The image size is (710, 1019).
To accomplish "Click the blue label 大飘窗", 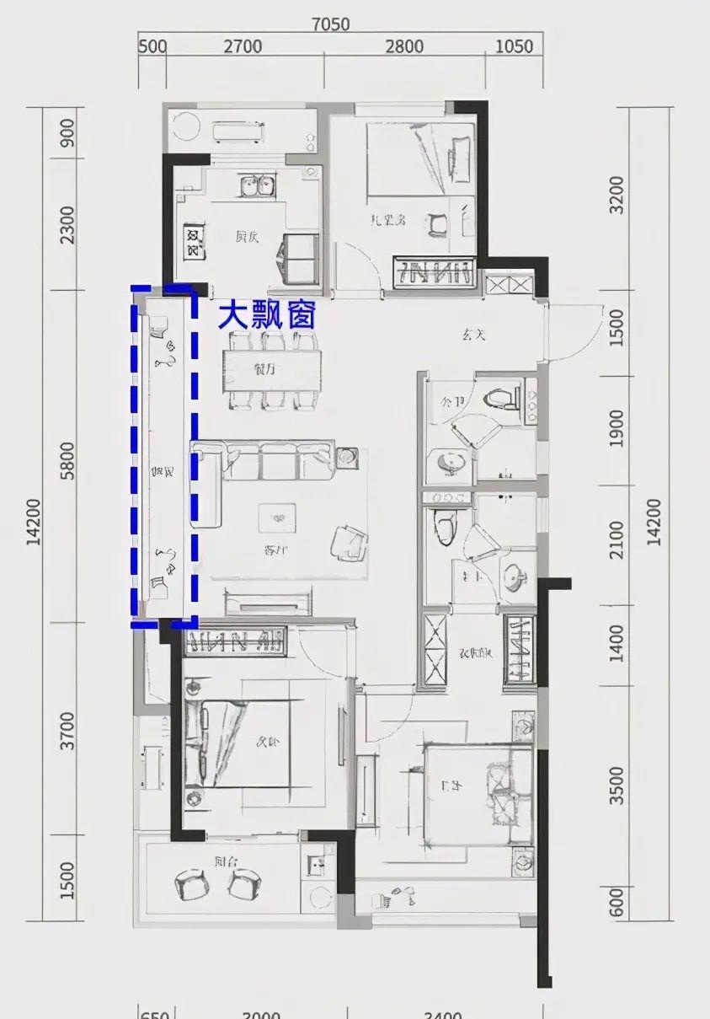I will coord(267,316).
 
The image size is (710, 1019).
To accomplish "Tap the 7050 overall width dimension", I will coord(330,24).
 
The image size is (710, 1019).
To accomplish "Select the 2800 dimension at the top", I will coord(404,46).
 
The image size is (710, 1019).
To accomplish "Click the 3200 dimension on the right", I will coord(617,195).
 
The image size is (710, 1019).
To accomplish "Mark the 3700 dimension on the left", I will coord(68,731).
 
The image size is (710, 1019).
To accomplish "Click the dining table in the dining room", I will coord(272,369).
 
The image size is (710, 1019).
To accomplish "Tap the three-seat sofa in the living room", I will coord(277,460).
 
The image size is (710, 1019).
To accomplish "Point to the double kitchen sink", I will coord(256,185).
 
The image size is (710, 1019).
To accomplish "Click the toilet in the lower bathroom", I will coord(444,528).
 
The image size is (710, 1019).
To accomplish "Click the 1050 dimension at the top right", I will coord(513,46).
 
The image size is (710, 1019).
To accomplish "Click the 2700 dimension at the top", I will coord(243,46).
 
